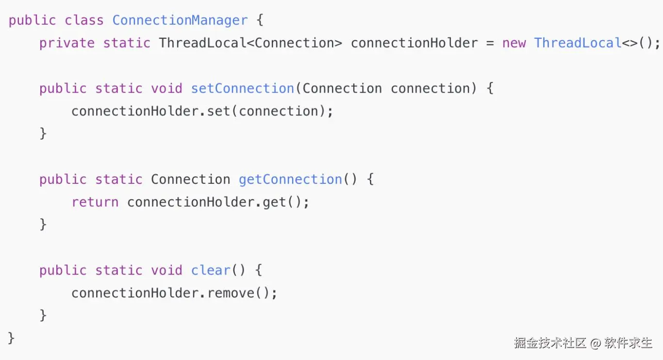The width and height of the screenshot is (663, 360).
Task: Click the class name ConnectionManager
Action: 180,20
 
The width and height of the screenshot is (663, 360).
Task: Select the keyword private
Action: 67,43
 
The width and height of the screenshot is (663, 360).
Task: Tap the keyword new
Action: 514,43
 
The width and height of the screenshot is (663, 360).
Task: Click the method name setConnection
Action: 242,89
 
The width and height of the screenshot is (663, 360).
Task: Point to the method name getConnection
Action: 290,180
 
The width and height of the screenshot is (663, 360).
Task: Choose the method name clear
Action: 211,270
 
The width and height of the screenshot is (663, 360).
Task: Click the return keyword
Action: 95,202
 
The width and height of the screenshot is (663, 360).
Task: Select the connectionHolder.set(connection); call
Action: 202,112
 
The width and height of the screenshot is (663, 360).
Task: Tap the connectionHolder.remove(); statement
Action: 174,293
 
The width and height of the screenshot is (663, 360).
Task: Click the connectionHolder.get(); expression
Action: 218,202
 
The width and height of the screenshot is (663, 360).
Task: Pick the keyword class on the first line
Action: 84,20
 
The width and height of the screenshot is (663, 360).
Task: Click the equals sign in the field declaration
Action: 490,43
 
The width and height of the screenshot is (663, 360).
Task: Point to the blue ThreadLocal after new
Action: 578,43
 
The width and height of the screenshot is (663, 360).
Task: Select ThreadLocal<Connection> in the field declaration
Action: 250,43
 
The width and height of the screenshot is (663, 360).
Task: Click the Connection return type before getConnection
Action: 190,180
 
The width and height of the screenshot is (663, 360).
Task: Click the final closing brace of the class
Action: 12,338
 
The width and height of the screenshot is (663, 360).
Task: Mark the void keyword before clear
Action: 166,270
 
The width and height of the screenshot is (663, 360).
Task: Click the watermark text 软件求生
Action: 628,343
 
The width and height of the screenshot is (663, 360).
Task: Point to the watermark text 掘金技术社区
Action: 550,343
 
